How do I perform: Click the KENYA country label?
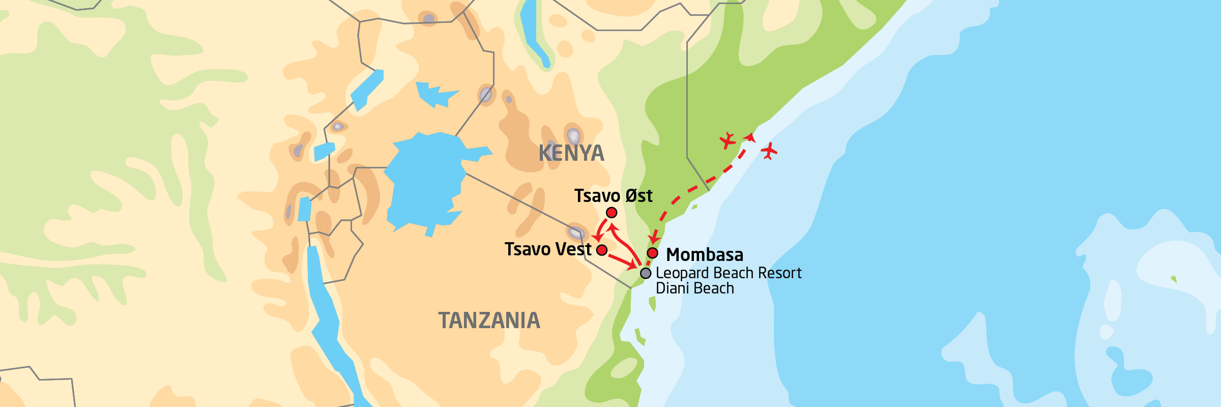click(571, 153)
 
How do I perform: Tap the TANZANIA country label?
click(489, 321)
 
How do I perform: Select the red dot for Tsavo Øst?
click(612, 213)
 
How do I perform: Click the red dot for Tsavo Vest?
click(602, 250)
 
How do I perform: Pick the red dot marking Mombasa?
click(653, 253)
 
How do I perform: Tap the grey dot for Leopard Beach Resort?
click(646, 273)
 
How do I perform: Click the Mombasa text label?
click(705, 254)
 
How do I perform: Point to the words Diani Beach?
click(694, 288)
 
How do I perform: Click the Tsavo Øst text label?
click(613, 196)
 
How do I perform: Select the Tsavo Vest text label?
click(547, 249)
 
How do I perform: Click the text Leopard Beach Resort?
click(728, 273)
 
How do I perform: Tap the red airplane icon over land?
click(728, 140)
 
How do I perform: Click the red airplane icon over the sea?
click(769, 151)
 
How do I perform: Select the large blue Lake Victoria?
click(425, 183)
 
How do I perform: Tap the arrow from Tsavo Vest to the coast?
click(623, 261)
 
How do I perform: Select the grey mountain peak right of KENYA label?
click(573, 136)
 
